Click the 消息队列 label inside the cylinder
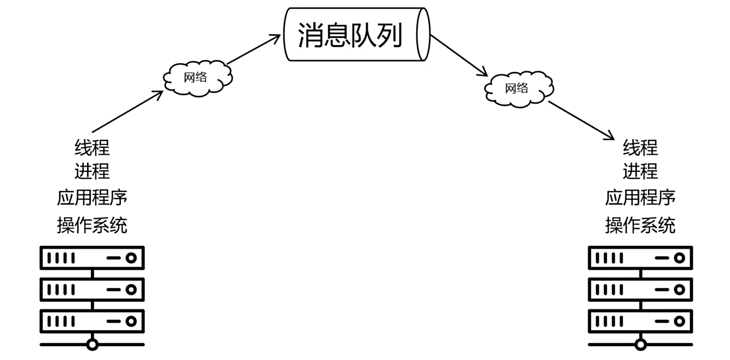350,35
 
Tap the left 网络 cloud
197,78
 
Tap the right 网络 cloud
518,88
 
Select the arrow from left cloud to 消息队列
254,49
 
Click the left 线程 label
92,148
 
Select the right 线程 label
640,148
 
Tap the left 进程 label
92,171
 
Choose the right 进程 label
640,171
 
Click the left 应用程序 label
92,197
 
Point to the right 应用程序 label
640,197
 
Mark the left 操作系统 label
92,225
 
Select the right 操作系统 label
640,225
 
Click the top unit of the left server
92,258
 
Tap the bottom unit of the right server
640,321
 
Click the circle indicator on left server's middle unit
131,290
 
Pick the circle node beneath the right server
640,345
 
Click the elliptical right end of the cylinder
423,34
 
